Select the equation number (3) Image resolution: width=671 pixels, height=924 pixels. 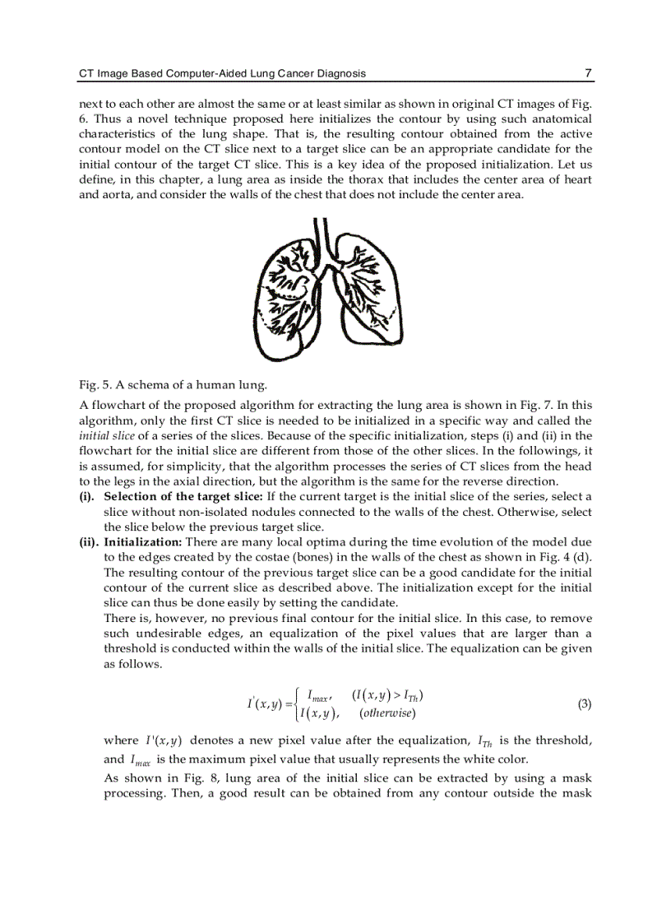(584, 703)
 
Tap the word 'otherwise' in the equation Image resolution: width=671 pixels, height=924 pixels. (391, 713)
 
